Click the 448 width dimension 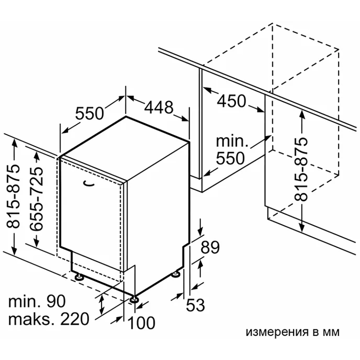tap(159, 107)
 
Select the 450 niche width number tap(231, 101)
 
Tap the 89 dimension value tap(210, 247)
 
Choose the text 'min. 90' tap(37, 301)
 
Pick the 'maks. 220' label tap(49, 319)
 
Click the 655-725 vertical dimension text tap(36, 198)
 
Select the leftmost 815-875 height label tap(13, 196)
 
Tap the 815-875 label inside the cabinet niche tap(301, 169)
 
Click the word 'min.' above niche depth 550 tap(232, 141)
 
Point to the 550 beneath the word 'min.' tap(230, 158)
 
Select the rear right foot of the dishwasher tap(176, 274)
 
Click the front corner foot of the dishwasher tap(134, 299)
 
